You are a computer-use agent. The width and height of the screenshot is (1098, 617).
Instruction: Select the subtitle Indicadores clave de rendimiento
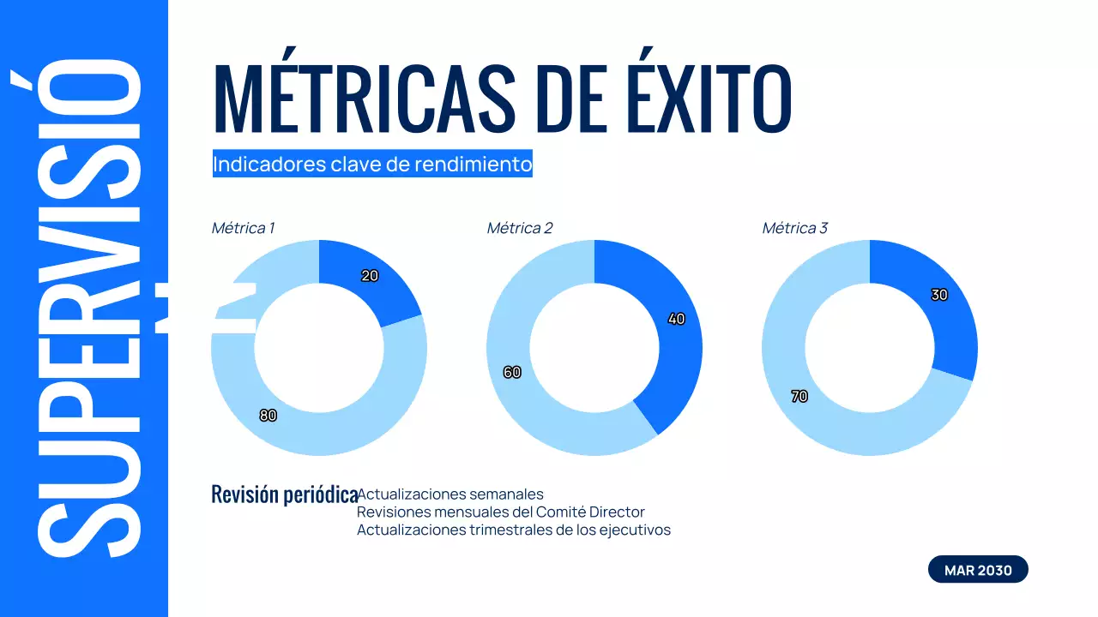click(372, 164)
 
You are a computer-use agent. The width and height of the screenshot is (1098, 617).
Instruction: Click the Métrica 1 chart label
click(243, 228)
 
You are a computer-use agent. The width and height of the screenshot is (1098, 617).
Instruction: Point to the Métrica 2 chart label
click(520, 228)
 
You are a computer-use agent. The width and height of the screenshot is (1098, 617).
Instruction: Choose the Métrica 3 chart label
click(795, 228)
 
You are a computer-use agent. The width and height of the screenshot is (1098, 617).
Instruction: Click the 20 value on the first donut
click(370, 276)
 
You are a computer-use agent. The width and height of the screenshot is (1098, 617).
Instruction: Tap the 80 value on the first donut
click(268, 416)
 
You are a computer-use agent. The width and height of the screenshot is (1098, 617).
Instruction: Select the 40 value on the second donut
click(676, 319)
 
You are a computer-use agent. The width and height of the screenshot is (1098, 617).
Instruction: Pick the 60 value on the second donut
click(512, 373)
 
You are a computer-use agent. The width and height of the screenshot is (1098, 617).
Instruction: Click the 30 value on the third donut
click(939, 295)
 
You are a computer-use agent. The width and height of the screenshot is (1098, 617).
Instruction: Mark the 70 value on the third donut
click(799, 397)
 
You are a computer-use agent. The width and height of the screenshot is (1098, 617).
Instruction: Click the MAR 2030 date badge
click(978, 570)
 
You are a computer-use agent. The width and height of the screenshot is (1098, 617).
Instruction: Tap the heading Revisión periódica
click(284, 494)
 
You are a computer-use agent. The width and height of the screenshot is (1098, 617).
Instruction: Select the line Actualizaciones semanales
click(450, 494)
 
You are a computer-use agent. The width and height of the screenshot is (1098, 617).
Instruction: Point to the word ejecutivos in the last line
click(636, 530)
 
